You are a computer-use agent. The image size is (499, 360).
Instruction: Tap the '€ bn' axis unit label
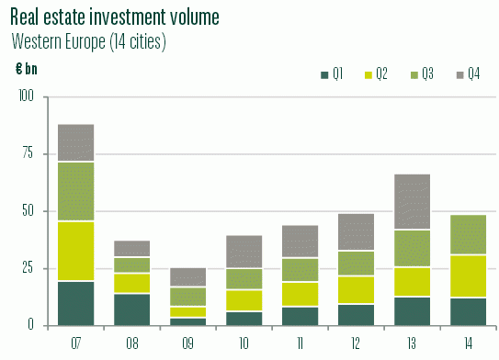(27, 69)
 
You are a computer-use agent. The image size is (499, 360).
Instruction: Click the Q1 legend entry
(332, 73)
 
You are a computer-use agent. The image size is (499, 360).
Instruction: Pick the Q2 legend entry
(377, 73)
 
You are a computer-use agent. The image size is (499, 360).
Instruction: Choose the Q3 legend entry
(422, 73)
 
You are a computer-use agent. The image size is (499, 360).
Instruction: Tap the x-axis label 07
(75, 343)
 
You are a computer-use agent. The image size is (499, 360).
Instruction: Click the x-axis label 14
(469, 343)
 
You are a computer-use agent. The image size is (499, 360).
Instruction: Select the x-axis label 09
(188, 343)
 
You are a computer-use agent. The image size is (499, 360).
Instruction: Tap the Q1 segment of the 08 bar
(132, 309)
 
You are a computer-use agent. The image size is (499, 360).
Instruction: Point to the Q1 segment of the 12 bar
(357, 314)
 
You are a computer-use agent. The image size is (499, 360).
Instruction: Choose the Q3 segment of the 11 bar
(301, 269)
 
